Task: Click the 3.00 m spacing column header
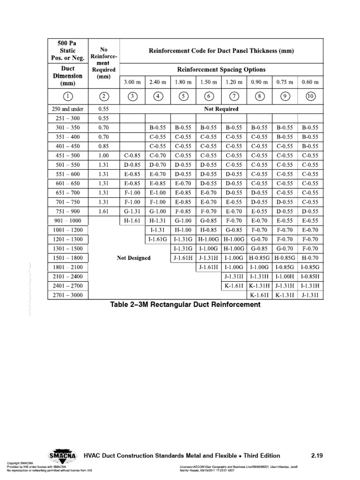(x=133, y=82)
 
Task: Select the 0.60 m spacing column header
(x=310, y=82)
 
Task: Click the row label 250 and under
(x=67, y=109)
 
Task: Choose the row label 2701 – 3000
(x=67, y=295)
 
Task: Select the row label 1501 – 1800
(x=67, y=258)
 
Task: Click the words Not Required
(x=221, y=109)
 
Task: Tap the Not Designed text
(x=134, y=258)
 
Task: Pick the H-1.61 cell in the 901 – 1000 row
(x=133, y=220)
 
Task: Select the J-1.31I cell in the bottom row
(x=310, y=295)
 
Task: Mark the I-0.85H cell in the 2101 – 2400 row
(x=310, y=277)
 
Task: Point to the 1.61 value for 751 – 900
(x=104, y=211)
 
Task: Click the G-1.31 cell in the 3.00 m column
(x=133, y=211)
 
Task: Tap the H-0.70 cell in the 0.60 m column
(x=310, y=258)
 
